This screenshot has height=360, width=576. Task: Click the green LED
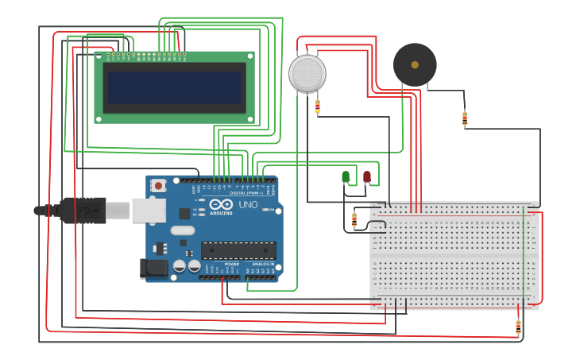point(346,176)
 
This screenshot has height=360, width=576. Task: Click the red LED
point(367,176)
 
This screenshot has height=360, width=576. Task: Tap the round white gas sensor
point(307,73)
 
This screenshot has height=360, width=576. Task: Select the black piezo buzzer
point(415,64)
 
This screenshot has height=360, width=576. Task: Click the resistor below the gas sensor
point(318,106)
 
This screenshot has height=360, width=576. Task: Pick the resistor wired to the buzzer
point(465,118)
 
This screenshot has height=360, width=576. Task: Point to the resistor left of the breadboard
point(354,219)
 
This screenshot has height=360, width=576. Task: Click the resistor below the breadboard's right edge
point(518,325)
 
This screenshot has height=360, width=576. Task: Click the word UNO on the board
point(248,204)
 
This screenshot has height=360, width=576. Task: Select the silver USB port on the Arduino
point(149,210)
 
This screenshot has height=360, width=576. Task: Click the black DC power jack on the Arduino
point(154,269)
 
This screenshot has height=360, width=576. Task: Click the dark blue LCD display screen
point(175,87)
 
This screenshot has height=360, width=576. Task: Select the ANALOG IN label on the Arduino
point(263,264)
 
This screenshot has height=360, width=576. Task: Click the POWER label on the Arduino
point(231,264)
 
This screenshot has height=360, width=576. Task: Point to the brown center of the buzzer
point(415,64)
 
